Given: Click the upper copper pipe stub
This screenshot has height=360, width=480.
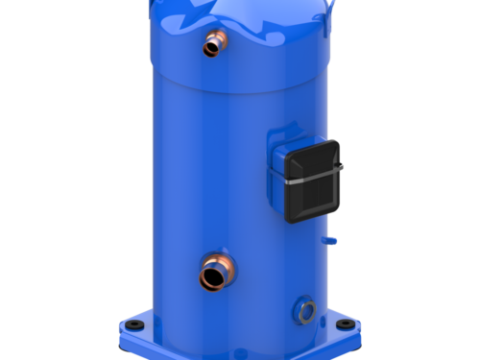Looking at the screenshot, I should [x=212, y=45].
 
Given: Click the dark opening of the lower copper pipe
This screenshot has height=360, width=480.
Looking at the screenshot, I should [x=208, y=279].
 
